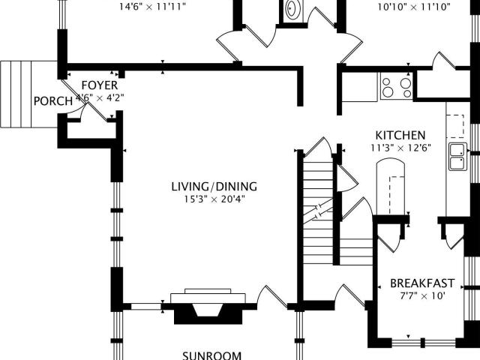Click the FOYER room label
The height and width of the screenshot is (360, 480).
pyautogui.click(x=100, y=85)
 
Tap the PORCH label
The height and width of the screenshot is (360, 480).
pyautogui.click(x=53, y=101)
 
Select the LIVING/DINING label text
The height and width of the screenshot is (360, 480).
pyautogui.click(x=214, y=187)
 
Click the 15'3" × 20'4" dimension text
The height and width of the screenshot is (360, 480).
pyautogui.click(x=214, y=199)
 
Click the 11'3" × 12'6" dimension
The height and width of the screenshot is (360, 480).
pyautogui.click(x=400, y=148)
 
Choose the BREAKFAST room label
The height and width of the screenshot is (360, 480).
pyautogui.click(x=422, y=283)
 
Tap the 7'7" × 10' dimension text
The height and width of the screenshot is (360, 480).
pyautogui.click(x=422, y=296)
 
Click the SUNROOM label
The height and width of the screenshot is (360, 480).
pyautogui.click(x=211, y=355)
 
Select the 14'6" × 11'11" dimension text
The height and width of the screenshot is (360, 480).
pyautogui.click(x=152, y=7)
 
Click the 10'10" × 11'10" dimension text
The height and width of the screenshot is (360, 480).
pyautogui.click(x=414, y=7)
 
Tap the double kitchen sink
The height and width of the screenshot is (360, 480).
pyautogui.click(x=458, y=157)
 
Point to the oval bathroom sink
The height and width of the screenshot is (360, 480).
pyautogui.click(x=293, y=9)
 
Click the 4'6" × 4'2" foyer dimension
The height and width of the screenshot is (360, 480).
pyautogui.click(x=100, y=98)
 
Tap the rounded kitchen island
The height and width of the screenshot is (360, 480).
pyautogui.click(x=390, y=187)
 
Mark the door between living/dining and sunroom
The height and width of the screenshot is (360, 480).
pyautogui.click(x=271, y=296)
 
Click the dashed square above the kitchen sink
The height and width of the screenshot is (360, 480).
pyautogui.click(x=455, y=126)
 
